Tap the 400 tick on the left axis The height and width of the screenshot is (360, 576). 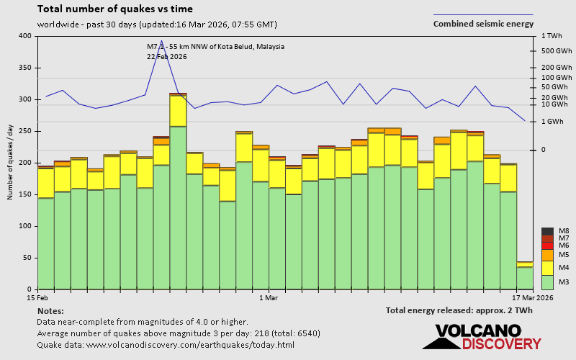25,36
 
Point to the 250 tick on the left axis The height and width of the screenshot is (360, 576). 25,131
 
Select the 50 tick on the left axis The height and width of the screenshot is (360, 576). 27,258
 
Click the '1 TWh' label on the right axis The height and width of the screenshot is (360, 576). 551,36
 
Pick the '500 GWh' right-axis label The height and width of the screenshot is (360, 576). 555,51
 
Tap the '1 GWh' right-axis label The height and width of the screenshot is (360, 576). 552,122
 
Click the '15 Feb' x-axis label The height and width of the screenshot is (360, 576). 37,297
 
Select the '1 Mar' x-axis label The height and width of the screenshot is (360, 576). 267,297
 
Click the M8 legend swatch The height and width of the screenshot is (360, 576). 546,231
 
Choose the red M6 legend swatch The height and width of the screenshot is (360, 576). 546,246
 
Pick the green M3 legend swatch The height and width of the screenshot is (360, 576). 546,282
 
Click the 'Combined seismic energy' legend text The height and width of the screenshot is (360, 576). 483,24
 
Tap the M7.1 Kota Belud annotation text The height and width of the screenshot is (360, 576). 215,47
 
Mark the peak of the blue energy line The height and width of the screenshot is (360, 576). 161,40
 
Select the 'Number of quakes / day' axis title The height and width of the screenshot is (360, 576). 10,163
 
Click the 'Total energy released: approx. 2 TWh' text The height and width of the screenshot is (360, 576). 459,310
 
